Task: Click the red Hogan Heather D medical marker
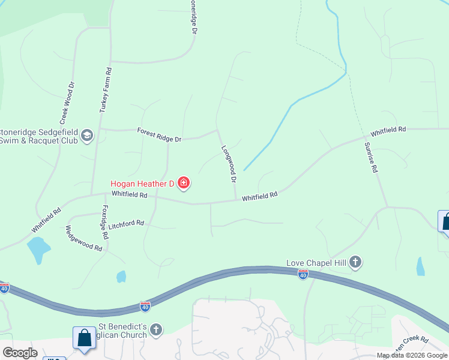(184, 184)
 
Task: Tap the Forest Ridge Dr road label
(159, 134)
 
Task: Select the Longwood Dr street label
(229, 163)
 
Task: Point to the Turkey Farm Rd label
(105, 90)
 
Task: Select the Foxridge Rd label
(104, 223)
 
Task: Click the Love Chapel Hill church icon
(356, 262)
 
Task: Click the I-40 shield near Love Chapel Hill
(303, 274)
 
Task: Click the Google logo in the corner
(20, 353)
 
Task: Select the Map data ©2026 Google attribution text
(412, 355)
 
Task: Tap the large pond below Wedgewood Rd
(38, 249)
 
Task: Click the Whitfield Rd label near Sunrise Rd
(388, 130)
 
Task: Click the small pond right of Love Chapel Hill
(420, 266)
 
